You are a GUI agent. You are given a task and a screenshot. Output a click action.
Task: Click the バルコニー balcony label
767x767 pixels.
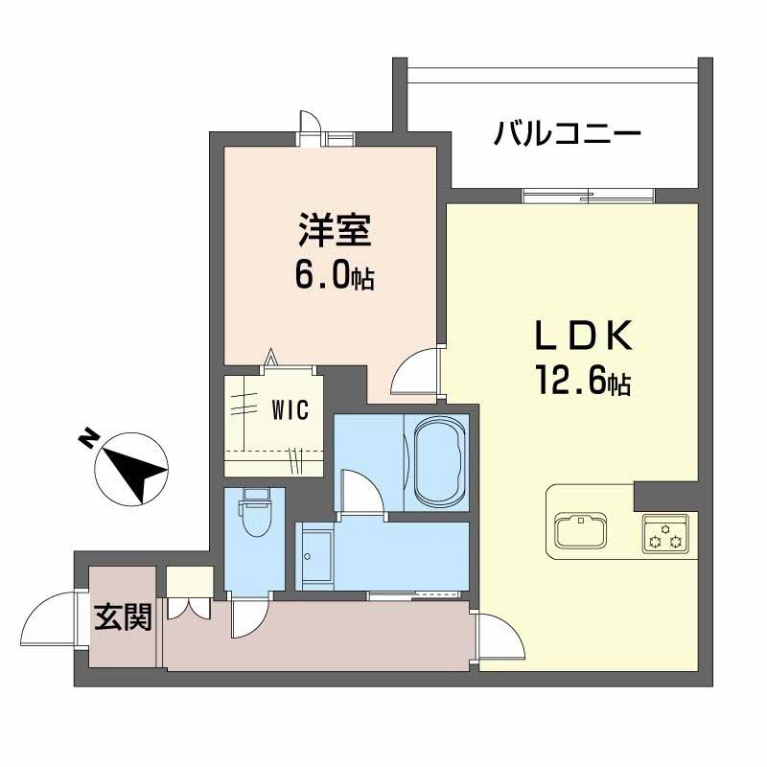tap(568, 134)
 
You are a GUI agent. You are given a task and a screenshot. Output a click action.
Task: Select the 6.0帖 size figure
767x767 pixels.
tap(334, 277)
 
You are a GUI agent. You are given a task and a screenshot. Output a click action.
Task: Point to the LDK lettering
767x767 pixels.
tap(582, 338)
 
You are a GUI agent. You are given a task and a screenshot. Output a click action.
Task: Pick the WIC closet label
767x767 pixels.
tap(289, 411)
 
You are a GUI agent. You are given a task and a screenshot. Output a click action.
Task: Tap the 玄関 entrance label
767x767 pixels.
tap(123, 618)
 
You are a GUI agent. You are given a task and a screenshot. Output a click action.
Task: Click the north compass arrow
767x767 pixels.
tap(134, 467)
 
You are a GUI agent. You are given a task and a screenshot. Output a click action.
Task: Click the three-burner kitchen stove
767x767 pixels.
tap(665, 533)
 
